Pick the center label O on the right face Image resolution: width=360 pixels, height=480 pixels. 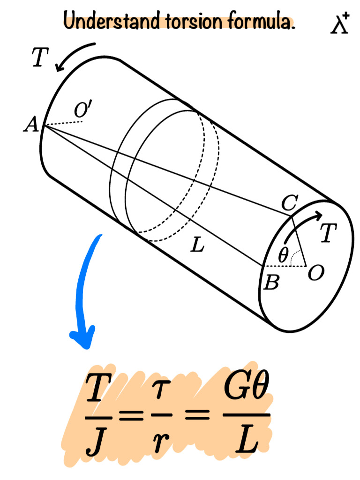point(315,273)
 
